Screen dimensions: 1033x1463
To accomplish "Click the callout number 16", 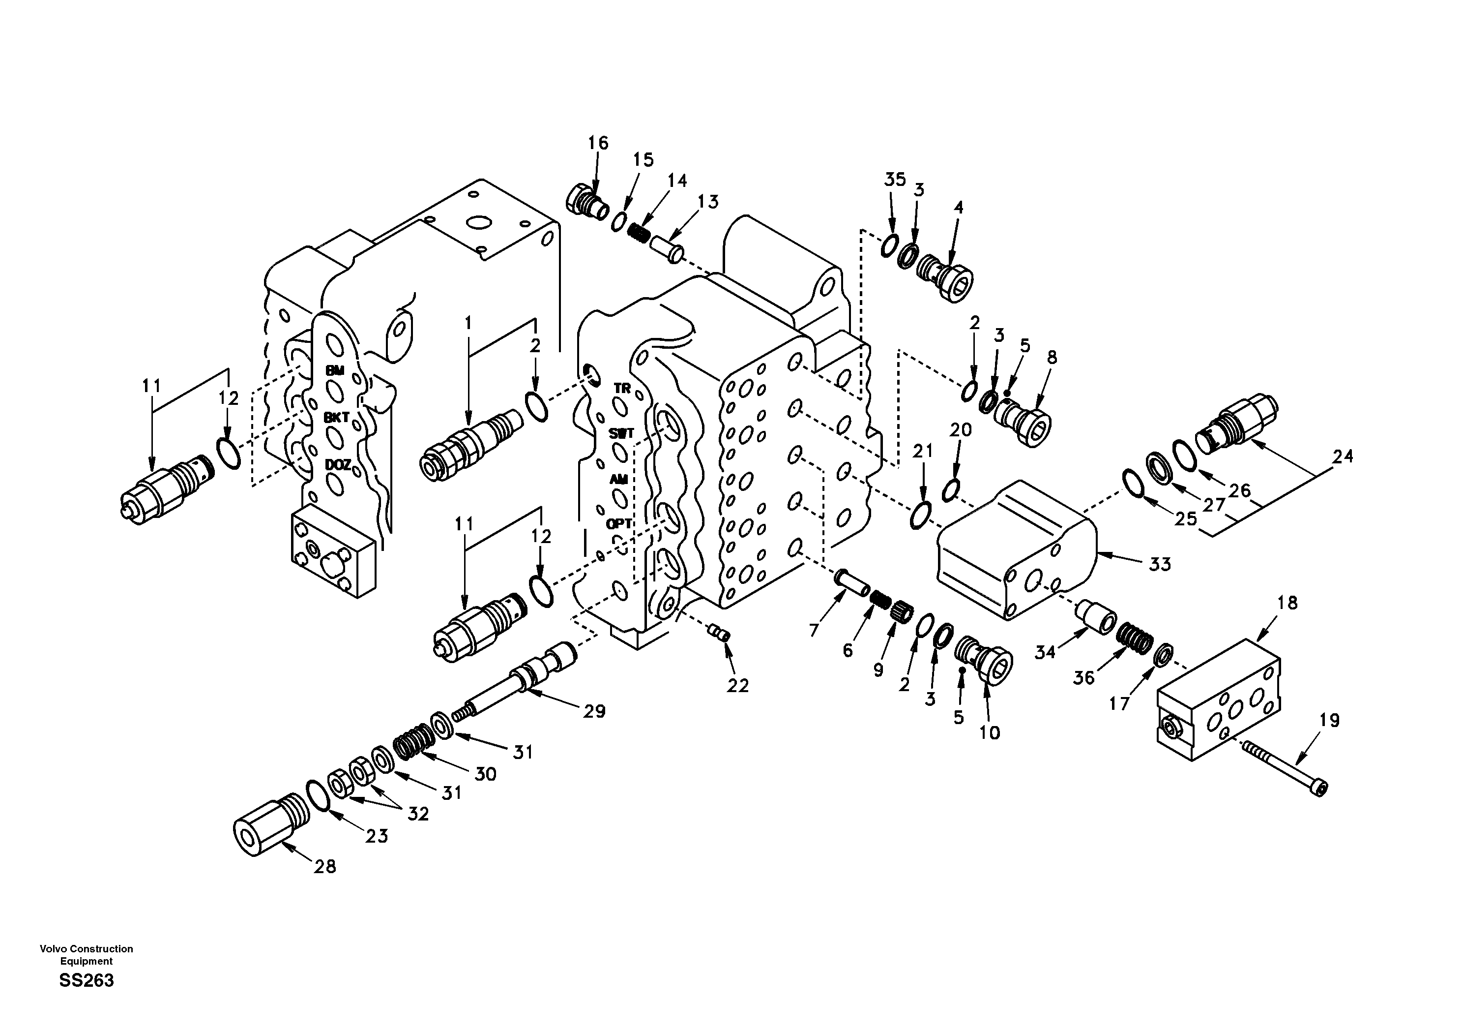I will (598, 143).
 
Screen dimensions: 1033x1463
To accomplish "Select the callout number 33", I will (1160, 564).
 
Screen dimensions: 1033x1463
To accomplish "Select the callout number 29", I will (594, 711).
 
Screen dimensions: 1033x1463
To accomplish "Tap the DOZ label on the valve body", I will (337, 465).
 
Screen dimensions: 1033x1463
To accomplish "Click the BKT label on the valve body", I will (336, 418).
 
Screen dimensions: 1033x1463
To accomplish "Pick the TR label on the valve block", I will (622, 388).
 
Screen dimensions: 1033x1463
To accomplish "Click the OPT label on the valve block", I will (619, 523).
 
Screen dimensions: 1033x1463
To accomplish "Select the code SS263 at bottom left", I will (86, 980).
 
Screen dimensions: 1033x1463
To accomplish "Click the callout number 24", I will (1343, 456).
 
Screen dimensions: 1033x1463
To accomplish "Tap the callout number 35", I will (895, 180).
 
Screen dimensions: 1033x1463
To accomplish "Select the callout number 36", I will (1083, 678).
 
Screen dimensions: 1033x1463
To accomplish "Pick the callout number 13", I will (707, 202).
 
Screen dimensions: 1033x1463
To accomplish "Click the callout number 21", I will (922, 452).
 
